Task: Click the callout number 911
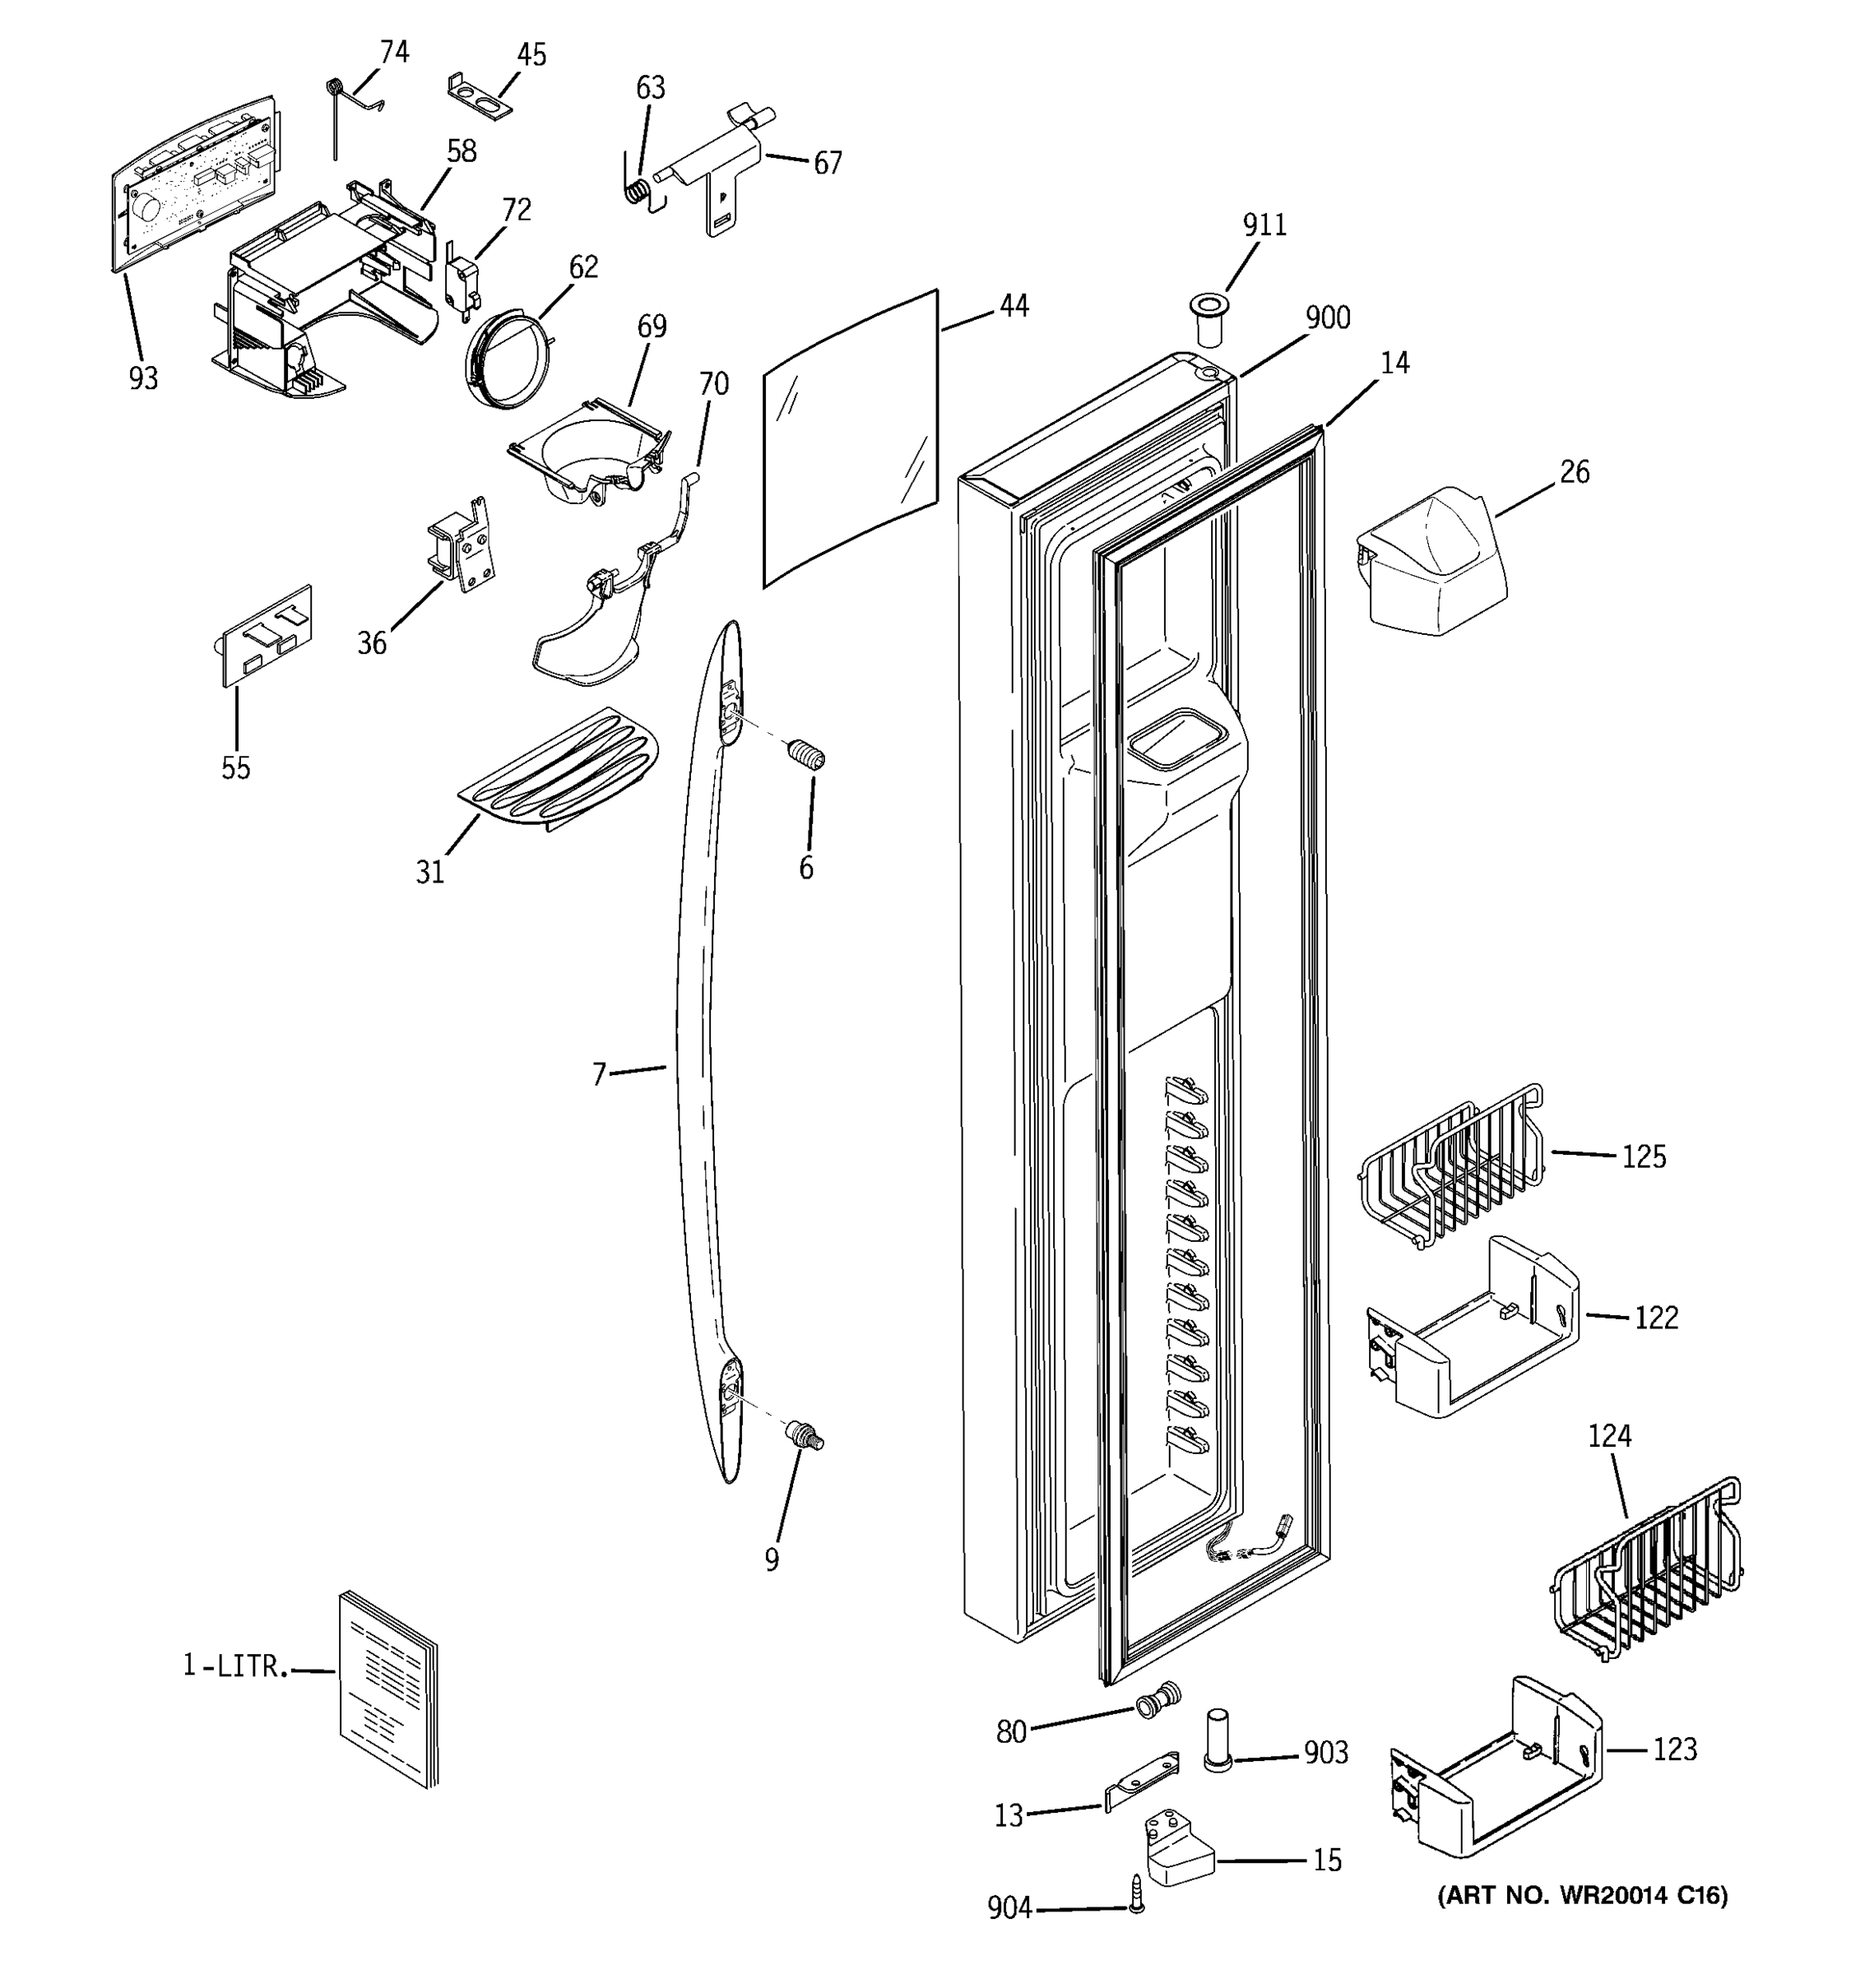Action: pos(1264,225)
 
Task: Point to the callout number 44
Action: pos(1013,306)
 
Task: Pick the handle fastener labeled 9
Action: pos(805,1437)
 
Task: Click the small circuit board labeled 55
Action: pos(265,636)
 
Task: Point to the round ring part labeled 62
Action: pos(507,359)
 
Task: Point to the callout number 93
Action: pos(143,378)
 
